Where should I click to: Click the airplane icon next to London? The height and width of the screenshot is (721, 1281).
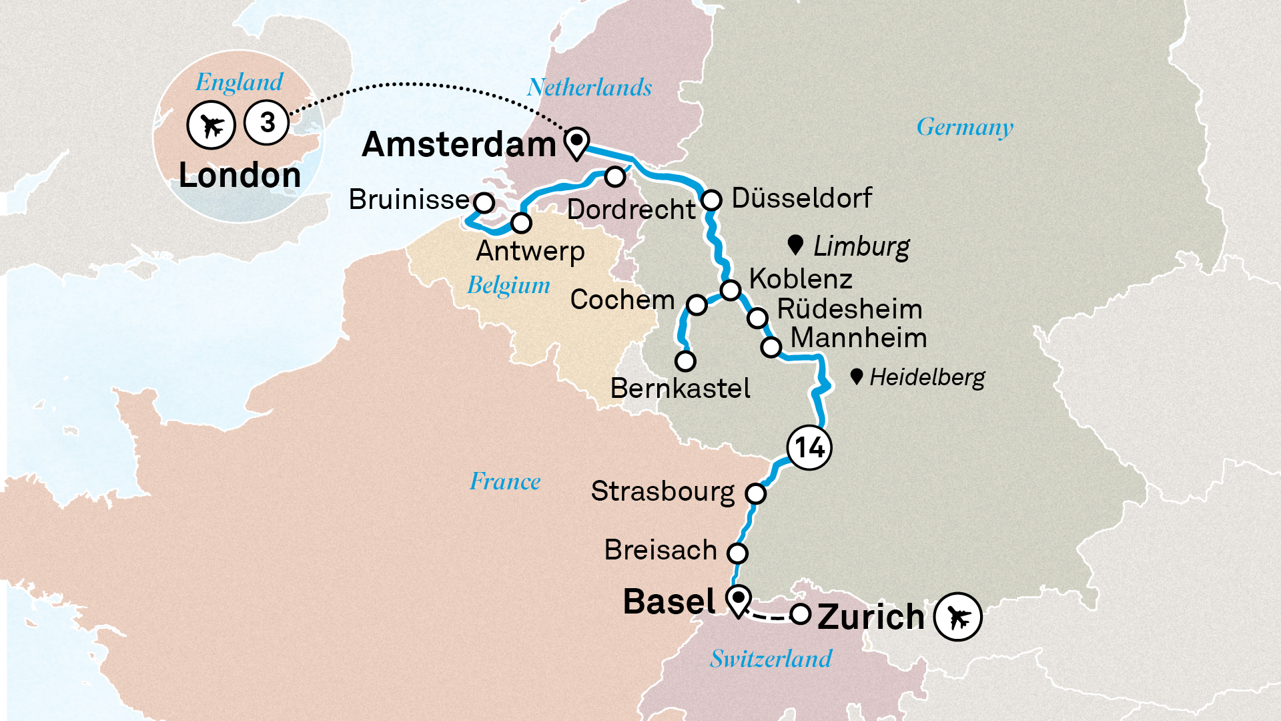tap(211, 125)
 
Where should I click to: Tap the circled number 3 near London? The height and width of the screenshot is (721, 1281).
tap(267, 122)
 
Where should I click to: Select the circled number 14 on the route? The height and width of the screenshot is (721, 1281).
tap(809, 447)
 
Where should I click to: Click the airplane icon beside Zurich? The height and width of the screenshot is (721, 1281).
tap(957, 617)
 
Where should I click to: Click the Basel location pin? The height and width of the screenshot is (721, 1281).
tap(739, 599)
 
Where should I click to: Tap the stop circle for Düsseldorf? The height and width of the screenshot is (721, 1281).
tap(711, 200)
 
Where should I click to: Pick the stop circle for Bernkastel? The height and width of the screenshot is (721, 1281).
tap(685, 361)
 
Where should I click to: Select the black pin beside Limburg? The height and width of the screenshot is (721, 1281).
tap(795, 244)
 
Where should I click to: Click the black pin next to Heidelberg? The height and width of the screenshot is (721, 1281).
tap(857, 377)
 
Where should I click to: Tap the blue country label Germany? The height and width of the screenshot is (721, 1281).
tap(965, 127)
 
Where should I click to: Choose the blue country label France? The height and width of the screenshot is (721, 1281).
tap(505, 481)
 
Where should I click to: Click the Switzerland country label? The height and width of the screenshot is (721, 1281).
tap(771, 659)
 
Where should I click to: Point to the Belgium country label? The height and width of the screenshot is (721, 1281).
tap(508, 285)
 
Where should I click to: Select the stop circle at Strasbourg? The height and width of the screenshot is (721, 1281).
tap(755, 493)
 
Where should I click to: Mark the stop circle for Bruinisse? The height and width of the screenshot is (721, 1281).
tap(484, 202)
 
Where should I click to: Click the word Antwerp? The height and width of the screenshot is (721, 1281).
tap(530, 252)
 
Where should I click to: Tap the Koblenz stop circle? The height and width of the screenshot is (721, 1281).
tap(731, 290)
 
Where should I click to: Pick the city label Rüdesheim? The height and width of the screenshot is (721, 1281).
tap(849, 309)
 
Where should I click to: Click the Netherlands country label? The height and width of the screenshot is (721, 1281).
tap(589, 87)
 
